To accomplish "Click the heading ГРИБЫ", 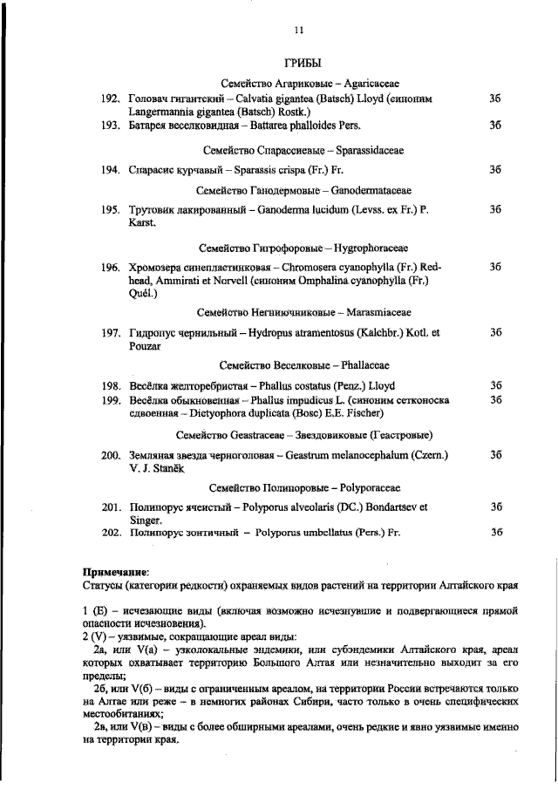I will [x=303, y=64].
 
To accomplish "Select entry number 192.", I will [x=110, y=100].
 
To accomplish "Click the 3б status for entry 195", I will [x=495, y=210].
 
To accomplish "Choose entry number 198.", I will [x=110, y=385].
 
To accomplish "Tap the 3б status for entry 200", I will [x=495, y=454].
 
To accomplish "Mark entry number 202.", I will [x=110, y=532].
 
